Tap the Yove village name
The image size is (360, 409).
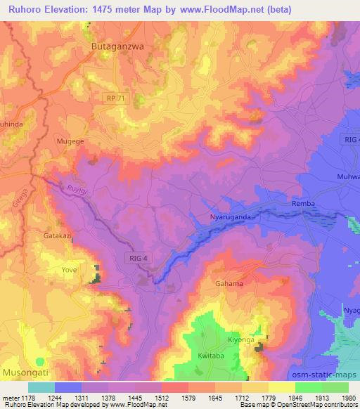69,269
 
